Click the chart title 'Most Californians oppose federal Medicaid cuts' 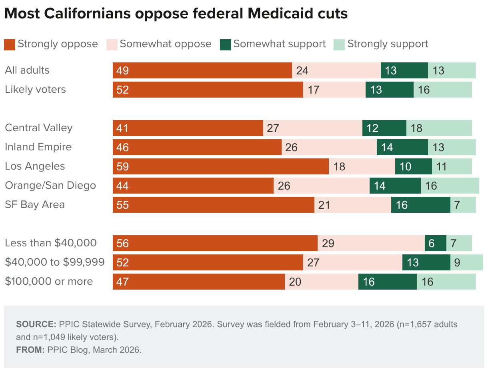tap(176, 14)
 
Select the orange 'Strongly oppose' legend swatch tap(10, 44)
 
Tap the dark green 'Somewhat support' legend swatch tap(226, 44)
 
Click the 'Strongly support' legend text tap(388, 44)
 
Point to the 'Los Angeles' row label tap(35, 166)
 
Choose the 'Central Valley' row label tap(39, 128)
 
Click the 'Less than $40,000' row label tap(51, 243)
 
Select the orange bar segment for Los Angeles tap(220, 166)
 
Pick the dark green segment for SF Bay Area tap(420, 205)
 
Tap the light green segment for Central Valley tap(439, 128)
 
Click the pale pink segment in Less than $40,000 tap(371, 243)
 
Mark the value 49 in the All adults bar tap(122, 71)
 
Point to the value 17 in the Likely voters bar tap(314, 90)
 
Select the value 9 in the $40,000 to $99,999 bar tap(457, 263)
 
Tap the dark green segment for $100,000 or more tap(387, 282)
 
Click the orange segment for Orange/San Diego tap(193, 186)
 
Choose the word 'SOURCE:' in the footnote tap(36, 324)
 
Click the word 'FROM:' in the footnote tap(30, 350)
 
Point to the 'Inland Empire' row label tap(38, 147)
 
